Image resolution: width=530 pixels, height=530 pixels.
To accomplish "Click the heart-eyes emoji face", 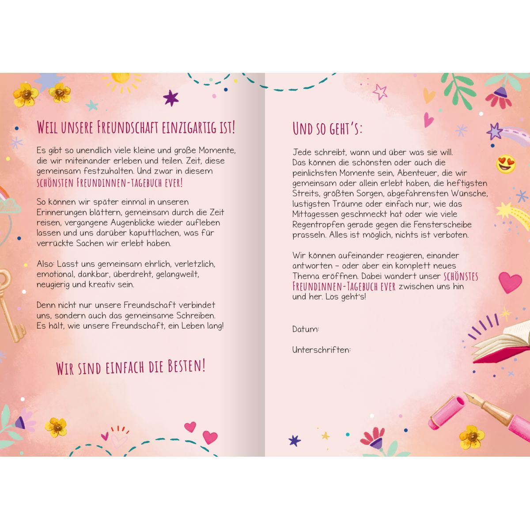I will (506, 164).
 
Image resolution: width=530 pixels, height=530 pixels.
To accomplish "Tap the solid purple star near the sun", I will (170, 98).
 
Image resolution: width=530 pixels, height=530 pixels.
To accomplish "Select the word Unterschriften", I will (321, 350).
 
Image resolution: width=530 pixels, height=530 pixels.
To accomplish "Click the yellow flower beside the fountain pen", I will (471, 437).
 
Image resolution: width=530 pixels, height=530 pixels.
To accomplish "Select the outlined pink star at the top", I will (380, 92).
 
